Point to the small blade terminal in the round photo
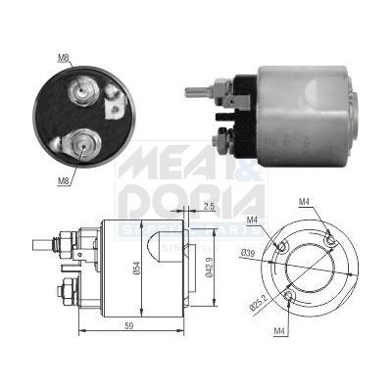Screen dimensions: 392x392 point(114,95)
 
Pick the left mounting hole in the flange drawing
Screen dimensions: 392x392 point(282,245)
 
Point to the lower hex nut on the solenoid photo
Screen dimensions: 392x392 point(224,140)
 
